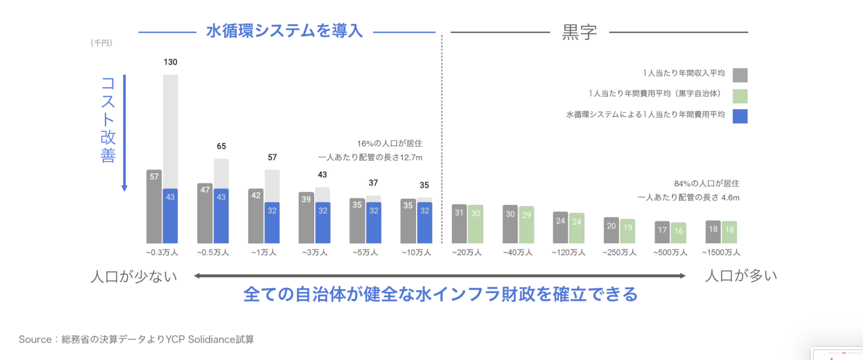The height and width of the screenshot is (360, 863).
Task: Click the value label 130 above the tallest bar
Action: pyautogui.click(x=170, y=62)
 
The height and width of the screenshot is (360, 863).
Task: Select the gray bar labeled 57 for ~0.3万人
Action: pyautogui.click(x=154, y=206)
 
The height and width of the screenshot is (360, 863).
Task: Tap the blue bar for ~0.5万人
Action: pyautogui.click(x=221, y=216)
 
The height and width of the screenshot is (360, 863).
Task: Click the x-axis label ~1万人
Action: pyautogui.click(x=264, y=253)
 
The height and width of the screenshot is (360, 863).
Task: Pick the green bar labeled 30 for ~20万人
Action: pyautogui.click(x=475, y=224)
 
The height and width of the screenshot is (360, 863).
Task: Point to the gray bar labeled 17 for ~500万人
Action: pyautogui.click(x=662, y=232)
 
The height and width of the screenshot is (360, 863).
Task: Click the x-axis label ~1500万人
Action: pyautogui.click(x=721, y=253)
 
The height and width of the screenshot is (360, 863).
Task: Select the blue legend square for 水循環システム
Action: pyautogui.click(x=740, y=116)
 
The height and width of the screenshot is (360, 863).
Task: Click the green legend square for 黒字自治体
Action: pyautogui.click(x=740, y=95)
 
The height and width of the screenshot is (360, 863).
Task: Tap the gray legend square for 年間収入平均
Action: pyautogui.click(x=740, y=75)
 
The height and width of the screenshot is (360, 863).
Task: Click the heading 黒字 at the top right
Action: pyautogui.click(x=579, y=32)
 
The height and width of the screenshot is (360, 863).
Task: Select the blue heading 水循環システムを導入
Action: pyautogui.click(x=285, y=31)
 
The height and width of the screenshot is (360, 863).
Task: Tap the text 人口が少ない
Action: pyautogui.click(x=134, y=276)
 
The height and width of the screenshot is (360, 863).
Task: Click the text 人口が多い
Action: pyautogui.click(x=741, y=276)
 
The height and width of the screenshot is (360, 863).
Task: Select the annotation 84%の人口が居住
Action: pyautogui.click(x=706, y=183)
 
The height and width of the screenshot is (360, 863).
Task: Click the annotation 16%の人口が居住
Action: pyautogui.click(x=389, y=143)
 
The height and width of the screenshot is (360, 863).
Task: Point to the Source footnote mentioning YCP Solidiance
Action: pyautogui.click(x=137, y=339)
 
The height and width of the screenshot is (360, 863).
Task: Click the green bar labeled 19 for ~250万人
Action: pyautogui.click(x=628, y=231)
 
